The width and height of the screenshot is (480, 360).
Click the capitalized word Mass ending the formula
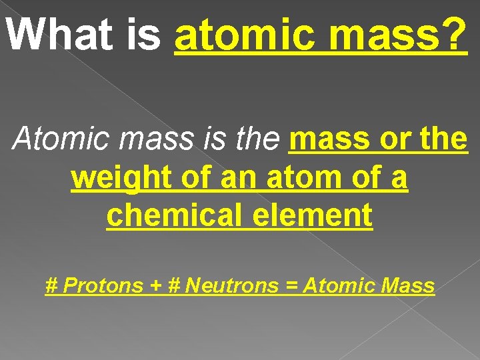(408, 286)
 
